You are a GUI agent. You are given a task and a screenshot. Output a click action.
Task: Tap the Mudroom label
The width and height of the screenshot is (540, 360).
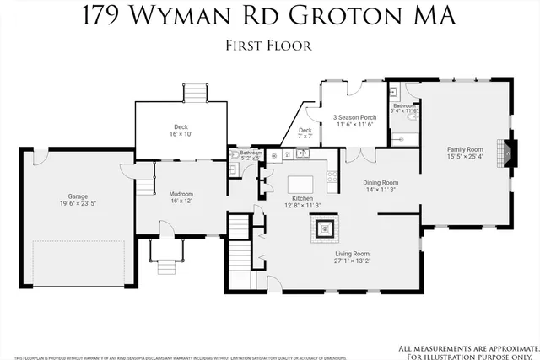coord(181,193)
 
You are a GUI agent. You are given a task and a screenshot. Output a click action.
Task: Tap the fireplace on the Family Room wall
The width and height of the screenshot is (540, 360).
coord(508,151)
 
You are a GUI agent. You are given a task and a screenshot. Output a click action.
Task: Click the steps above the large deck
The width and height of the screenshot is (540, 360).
coord(195,92)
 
